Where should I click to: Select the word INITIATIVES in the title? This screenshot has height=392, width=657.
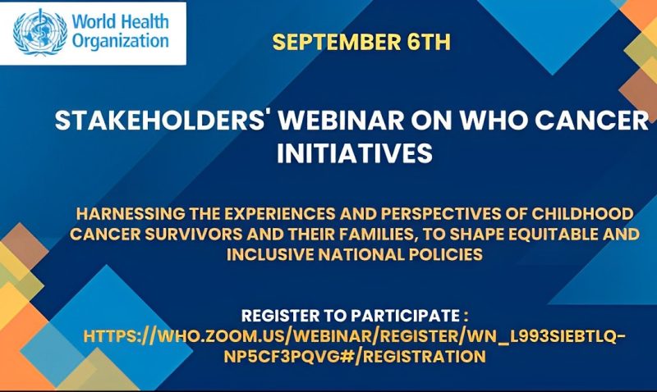coord(355,153)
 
